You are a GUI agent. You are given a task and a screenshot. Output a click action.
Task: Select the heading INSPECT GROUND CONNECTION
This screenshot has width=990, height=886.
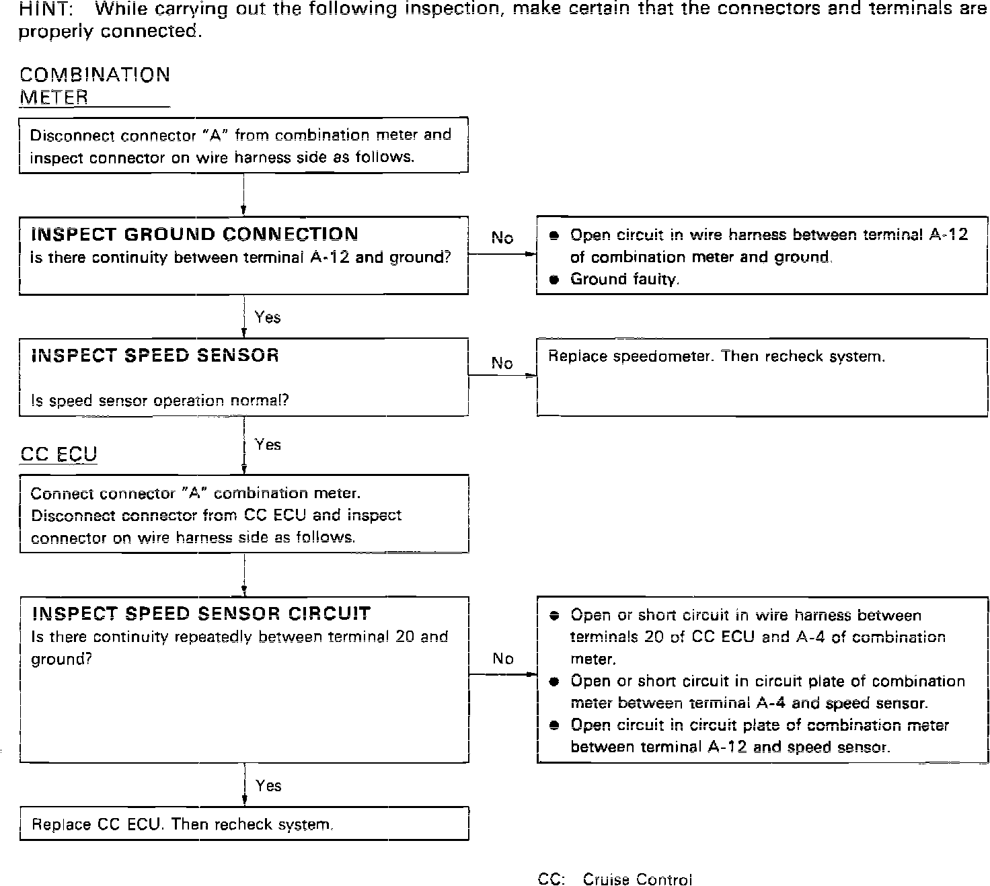[194, 235]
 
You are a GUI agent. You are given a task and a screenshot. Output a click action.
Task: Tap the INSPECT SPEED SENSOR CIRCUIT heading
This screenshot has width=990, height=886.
[201, 613]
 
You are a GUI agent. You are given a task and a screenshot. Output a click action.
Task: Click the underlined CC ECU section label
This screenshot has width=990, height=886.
[59, 454]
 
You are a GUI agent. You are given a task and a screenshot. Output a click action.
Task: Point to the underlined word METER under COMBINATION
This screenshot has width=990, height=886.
[54, 97]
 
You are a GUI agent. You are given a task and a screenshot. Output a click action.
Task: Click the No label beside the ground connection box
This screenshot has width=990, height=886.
[502, 237]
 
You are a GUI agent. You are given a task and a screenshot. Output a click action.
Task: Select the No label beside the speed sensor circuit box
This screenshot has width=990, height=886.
[502, 658]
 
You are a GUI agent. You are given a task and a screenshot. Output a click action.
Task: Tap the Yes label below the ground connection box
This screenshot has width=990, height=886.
[268, 317]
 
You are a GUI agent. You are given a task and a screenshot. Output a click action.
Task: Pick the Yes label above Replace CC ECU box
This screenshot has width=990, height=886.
[268, 785]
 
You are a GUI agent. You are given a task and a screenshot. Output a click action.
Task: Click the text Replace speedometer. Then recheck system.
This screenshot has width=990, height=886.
[716, 356]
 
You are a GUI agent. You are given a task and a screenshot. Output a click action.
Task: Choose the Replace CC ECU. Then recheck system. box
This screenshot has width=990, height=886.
[243, 824]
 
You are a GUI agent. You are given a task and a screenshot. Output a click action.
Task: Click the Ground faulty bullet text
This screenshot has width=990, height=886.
[624, 280]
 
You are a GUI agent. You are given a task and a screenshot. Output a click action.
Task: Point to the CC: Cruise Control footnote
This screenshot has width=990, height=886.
[615, 879]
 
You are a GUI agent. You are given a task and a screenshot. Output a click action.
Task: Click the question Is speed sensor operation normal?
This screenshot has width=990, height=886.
[160, 401]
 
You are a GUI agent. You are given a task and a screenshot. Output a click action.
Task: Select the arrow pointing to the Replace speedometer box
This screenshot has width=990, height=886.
[502, 376]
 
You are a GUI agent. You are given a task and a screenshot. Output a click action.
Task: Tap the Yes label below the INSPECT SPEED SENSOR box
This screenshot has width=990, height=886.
[268, 444]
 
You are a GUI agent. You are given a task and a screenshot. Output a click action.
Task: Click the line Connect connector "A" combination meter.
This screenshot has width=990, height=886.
[196, 493]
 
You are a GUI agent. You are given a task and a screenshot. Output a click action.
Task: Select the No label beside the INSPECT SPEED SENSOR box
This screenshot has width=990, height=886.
[502, 363]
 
